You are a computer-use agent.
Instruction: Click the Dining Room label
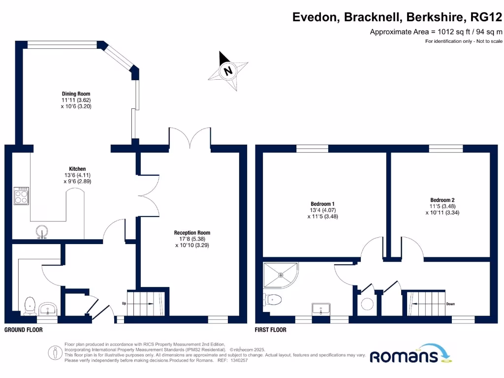76,94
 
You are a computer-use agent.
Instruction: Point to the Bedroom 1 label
323,204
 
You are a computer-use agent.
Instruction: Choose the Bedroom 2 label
440,200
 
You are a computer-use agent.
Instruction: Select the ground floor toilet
30,305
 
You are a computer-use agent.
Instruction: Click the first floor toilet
273,299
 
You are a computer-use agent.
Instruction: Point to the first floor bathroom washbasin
321,309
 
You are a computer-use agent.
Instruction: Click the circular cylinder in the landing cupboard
367,304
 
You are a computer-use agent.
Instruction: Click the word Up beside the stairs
125,304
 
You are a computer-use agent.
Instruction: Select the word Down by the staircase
450,304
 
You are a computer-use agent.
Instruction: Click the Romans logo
404,355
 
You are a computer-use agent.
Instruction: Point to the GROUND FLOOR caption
23,330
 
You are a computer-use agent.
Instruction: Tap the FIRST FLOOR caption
270,330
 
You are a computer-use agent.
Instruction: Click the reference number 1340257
239,360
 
